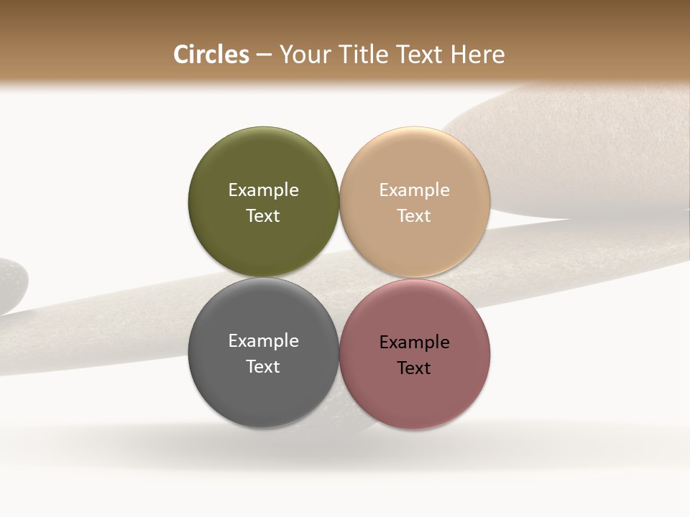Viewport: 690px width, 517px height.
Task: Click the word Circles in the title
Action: point(211,55)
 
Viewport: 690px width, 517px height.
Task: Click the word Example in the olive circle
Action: point(263,190)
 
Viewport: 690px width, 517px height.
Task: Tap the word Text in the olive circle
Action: point(263,216)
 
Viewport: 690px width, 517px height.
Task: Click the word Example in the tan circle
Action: point(414,190)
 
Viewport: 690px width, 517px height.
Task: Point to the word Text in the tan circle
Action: point(414,216)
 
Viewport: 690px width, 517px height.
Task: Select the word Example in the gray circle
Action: point(263,341)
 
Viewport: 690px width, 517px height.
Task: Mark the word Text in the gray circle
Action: point(263,367)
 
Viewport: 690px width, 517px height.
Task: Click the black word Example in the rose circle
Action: point(414,343)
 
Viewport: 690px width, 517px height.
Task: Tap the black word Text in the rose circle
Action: point(414,368)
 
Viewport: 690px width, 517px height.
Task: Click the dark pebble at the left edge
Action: point(11,284)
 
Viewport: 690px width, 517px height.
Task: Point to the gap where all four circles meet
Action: point(339,278)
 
